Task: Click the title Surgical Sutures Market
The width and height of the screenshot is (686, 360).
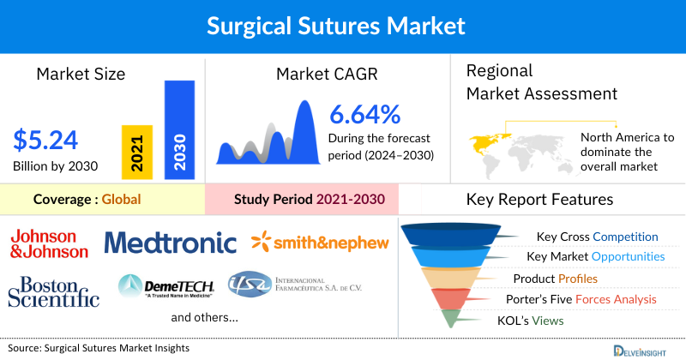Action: [342, 27]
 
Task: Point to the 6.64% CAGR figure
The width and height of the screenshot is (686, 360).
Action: [364, 114]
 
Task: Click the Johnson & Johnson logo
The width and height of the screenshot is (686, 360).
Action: [49, 243]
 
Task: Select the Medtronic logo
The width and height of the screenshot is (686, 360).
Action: [170, 243]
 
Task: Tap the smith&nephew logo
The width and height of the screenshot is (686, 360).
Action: [320, 243]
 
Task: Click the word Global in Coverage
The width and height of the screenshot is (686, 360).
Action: [121, 200]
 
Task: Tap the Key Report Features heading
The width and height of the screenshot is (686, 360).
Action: [539, 200]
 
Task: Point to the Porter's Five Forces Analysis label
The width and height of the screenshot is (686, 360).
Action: [585, 299]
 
